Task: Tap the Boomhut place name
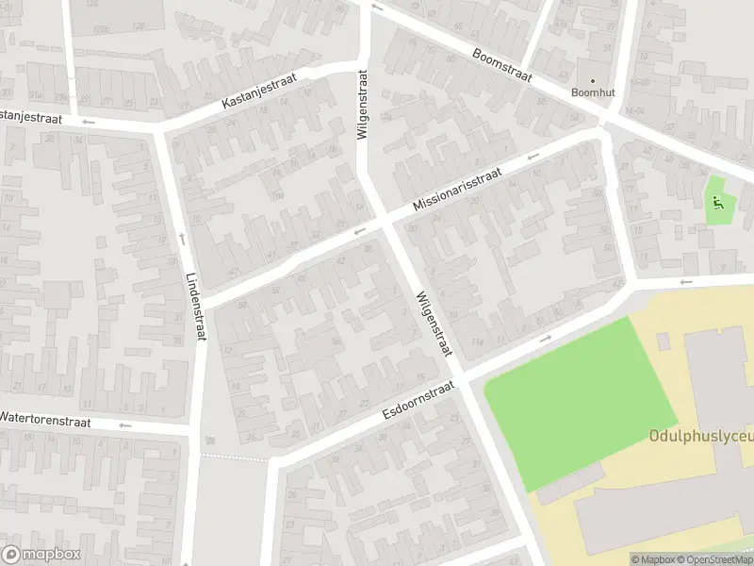pyautogui.click(x=593, y=92)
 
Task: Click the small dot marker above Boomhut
pyautogui.click(x=593, y=80)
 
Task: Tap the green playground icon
pyautogui.click(x=718, y=200)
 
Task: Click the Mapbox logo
pyautogui.click(x=41, y=555)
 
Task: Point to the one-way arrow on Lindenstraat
pyautogui.click(x=180, y=238)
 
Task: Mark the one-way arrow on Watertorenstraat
pyautogui.click(x=124, y=425)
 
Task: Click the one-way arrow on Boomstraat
pyautogui.click(x=377, y=8)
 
